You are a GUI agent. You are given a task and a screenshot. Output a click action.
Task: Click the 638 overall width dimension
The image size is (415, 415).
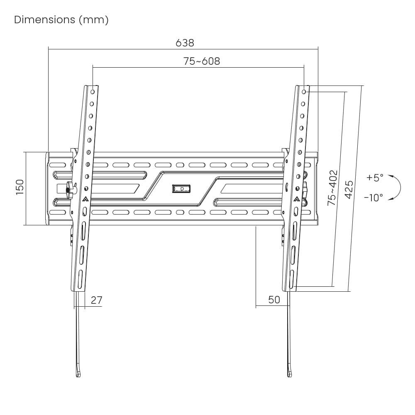click(185, 43)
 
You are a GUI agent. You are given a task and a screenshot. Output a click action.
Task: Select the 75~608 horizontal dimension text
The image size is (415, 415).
click(202, 61)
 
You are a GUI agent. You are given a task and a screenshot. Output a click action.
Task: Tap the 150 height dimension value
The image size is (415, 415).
click(20, 188)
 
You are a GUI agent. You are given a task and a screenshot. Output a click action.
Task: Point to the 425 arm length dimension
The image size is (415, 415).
click(349, 190)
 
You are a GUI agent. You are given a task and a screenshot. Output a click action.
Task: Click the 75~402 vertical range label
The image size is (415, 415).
click(332, 188)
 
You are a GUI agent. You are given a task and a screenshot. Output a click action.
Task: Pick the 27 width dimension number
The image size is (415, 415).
click(96, 300)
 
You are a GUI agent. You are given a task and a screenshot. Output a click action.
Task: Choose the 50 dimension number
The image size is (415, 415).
click(274, 300)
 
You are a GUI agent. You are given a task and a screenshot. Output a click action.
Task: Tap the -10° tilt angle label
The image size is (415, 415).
click(373, 198)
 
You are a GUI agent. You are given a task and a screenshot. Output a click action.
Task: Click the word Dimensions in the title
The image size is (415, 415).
click(44, 20)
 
